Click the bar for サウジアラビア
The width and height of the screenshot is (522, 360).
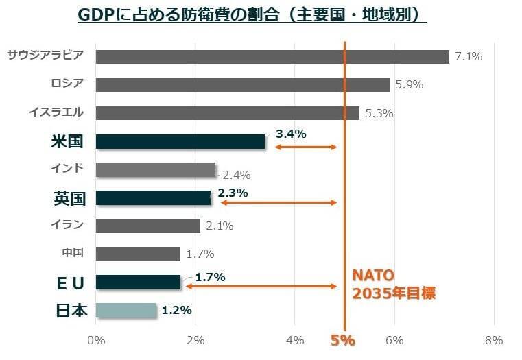272,57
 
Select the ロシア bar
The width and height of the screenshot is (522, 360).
242,85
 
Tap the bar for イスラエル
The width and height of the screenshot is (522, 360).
227,113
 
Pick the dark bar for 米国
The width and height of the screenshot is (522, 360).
180,141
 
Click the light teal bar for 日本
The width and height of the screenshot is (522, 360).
126,310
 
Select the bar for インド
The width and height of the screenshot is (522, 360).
156,169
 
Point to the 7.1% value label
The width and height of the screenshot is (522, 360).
468,57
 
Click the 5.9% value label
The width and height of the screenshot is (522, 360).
409,85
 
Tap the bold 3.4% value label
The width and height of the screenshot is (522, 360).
290,134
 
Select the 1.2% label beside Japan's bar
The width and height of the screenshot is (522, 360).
176,310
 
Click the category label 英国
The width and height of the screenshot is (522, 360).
69,198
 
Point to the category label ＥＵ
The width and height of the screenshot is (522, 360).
71,283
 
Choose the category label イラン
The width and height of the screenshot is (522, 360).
67,225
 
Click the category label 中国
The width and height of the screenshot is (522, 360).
73,253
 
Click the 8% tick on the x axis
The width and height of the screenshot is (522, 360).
493,340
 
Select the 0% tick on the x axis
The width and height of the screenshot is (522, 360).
96,340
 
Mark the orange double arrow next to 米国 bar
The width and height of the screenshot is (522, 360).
306,147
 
